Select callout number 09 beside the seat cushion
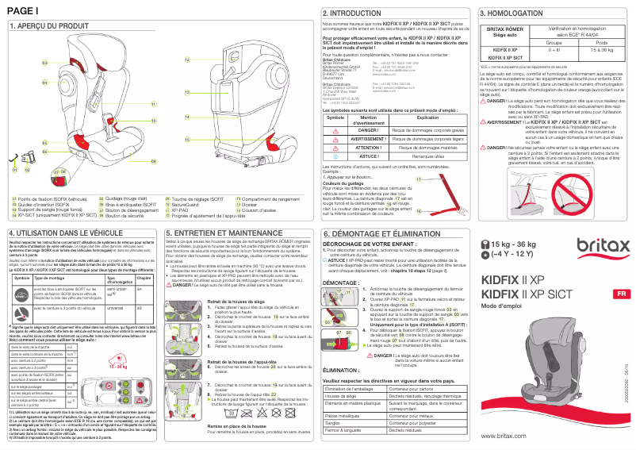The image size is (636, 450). [x=155, y=161]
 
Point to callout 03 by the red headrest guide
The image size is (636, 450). [x=44, y=62]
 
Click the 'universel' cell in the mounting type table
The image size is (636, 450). [x=115, y=305]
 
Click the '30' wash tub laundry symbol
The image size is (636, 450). [x=229, y=413]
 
